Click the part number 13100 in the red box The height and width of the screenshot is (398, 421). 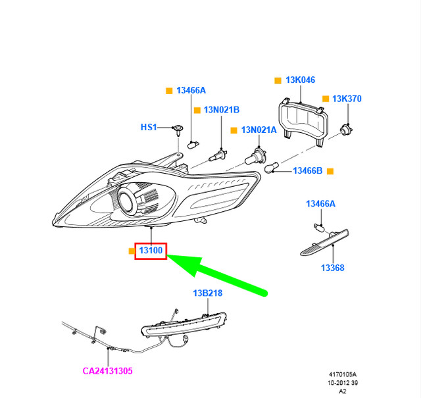coord(151,251)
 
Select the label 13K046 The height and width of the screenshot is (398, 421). coord(300,80)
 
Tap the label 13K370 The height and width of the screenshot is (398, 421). coord(347,99)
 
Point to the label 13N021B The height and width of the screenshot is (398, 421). coord(222,110)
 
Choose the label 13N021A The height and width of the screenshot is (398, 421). coord(259,130)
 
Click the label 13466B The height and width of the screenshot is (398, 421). coord(307,171)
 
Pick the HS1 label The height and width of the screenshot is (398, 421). coord(149,127)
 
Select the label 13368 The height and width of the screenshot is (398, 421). coord(333,268)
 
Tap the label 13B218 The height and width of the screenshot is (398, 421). coord(208,293)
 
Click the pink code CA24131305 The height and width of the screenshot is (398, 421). coord(107,371)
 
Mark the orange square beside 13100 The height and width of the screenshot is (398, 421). coord(132,251)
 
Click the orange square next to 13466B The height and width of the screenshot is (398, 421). coord(330,171)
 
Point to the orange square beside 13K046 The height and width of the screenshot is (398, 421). coord(278,80)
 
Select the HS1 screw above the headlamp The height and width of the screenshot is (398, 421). coord(178,130)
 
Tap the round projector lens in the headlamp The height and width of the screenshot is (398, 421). coord(127,201)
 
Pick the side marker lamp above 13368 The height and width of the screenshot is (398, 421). coord(325,242)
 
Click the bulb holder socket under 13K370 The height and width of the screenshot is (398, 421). coord(347,130)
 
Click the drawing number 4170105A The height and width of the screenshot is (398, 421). coord(343,374)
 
